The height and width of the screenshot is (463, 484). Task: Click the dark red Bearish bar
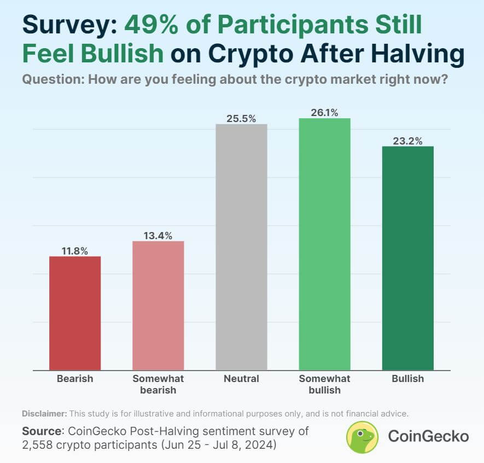[x=75, y=313]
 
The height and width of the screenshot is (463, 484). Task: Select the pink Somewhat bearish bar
[x=158, y=305]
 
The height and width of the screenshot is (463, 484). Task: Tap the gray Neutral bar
[x=241, y=247]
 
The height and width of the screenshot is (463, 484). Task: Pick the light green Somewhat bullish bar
[x=324, y=244]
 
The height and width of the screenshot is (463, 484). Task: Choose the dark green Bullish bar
[x=407, y=258]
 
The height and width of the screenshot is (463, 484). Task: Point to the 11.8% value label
[x=75, y=251]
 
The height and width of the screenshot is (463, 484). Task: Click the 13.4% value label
[x=158, y=236]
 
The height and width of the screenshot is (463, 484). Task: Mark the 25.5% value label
[x=241, y=119]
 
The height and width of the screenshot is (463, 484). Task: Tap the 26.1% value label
[x=324, y=113]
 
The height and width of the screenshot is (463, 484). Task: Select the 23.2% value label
[x=407, y=141]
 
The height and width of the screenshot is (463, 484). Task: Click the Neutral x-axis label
[x=241, y=379]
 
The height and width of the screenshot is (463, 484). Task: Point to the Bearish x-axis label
[x=75, y=379]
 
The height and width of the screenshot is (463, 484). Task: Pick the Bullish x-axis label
[x=407, y=379]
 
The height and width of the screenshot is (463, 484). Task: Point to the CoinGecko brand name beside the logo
[x=428, y=437]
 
